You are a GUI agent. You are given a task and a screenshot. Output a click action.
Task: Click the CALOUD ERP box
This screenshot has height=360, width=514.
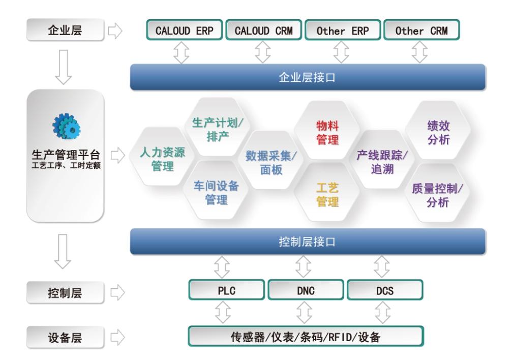pos(184,31)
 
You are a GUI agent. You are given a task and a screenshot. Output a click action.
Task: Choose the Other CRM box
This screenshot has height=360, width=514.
pos(421,31)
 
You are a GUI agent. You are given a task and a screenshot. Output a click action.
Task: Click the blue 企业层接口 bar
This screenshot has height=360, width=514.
pos(308,77)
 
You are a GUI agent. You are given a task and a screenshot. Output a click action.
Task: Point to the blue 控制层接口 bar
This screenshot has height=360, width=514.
pos(308,242)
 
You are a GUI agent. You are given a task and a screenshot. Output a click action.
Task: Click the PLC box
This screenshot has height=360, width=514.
pos(227,291)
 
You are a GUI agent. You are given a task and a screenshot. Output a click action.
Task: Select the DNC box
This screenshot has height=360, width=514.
pos(306,291)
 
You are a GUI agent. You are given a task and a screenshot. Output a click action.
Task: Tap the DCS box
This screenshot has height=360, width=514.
pos(384,291)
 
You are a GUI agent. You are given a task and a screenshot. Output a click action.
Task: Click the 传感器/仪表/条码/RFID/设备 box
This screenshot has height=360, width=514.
pos(306,336)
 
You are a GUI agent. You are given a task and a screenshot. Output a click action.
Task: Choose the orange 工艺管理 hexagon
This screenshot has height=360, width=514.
pos(328,195)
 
